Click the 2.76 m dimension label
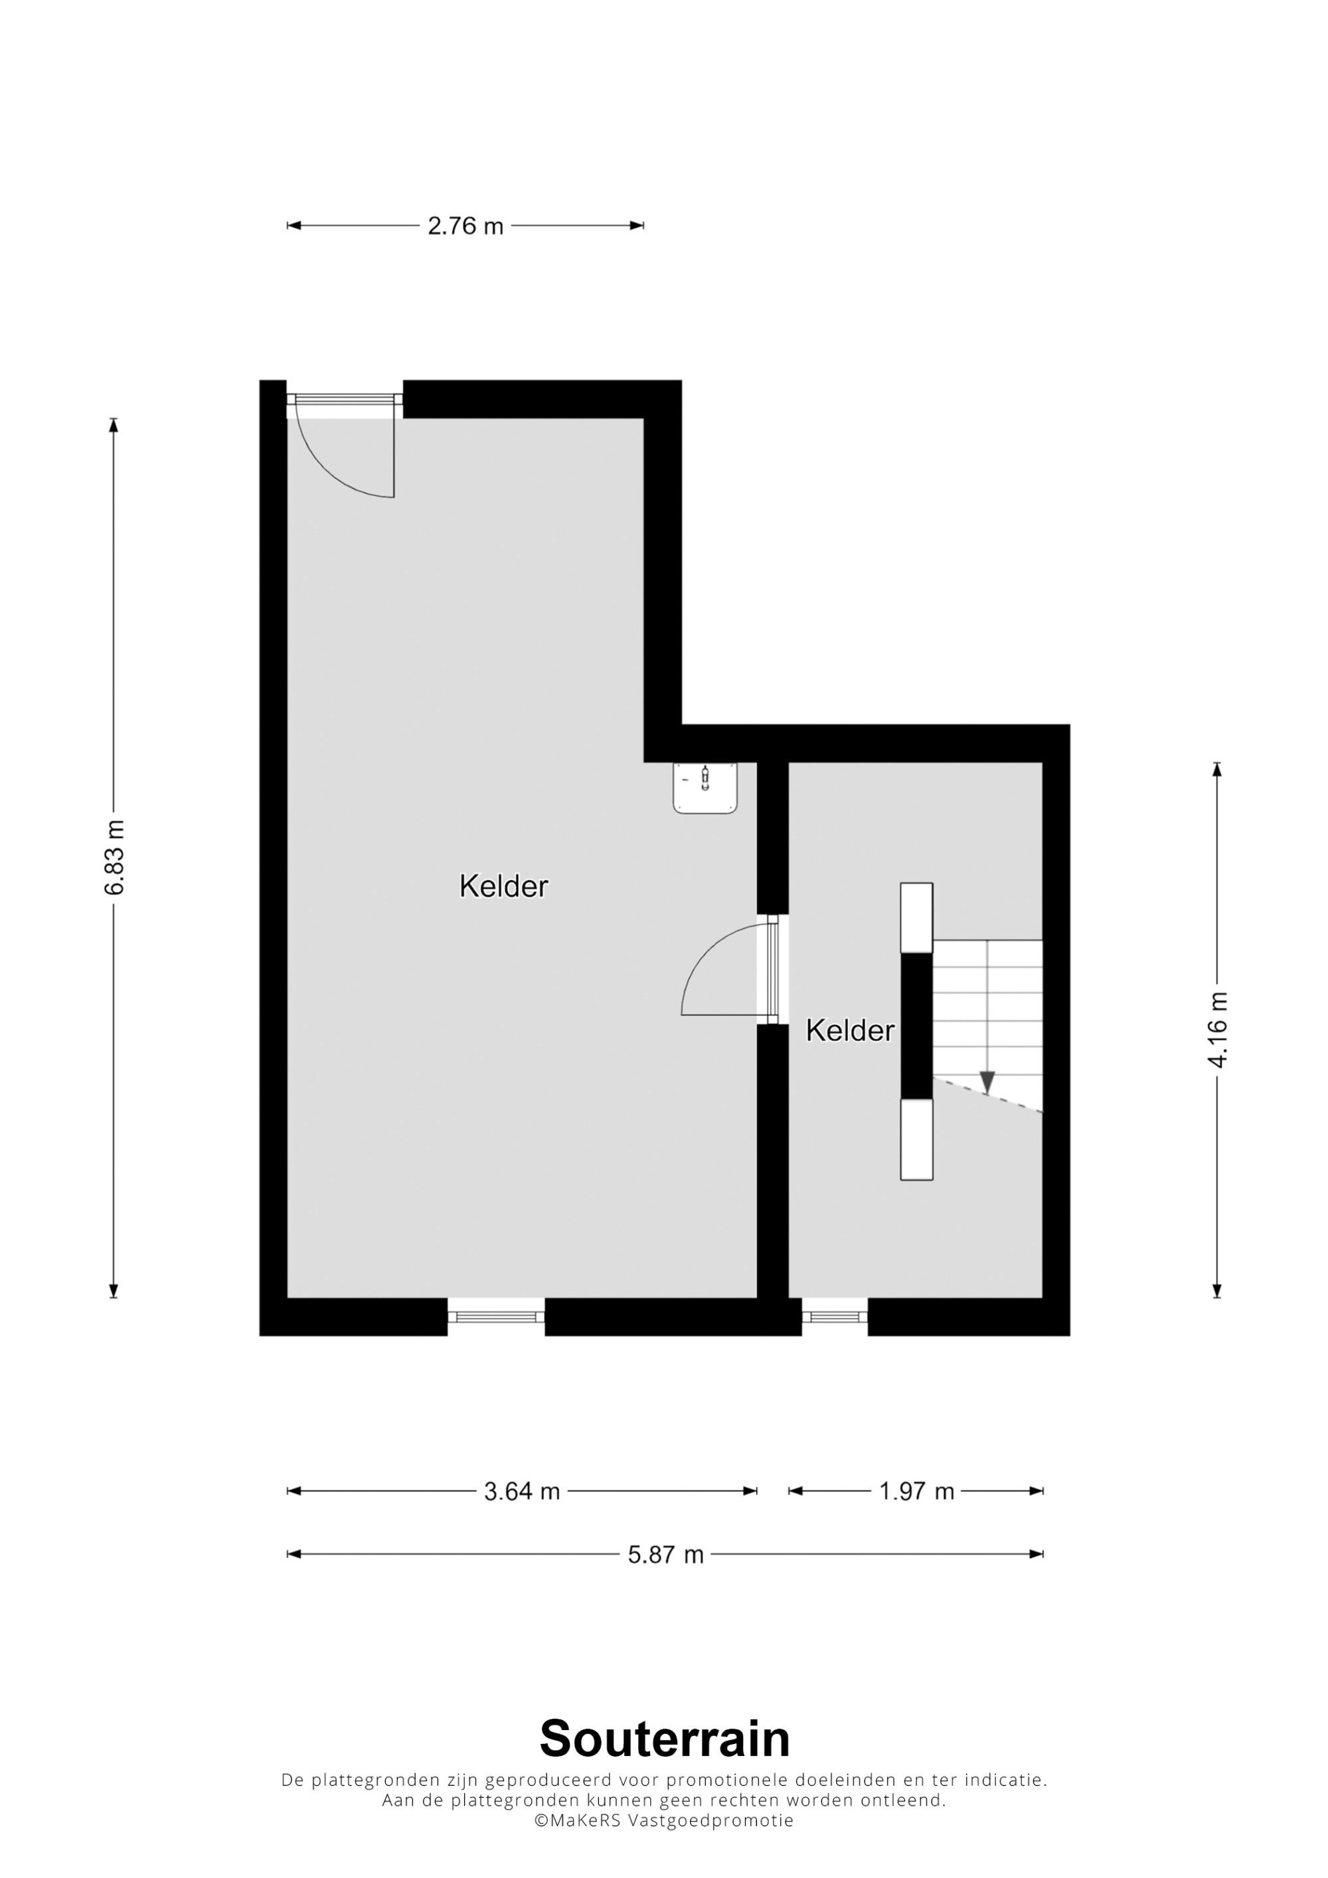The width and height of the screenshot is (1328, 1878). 465,226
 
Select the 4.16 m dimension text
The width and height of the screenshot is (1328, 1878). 1218,1029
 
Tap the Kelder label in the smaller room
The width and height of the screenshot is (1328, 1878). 850,1031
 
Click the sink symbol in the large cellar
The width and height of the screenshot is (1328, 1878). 705,788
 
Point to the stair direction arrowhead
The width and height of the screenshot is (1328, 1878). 987,1082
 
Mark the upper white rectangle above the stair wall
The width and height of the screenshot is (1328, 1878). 916,918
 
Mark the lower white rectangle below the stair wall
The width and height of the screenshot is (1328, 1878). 916,1139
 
